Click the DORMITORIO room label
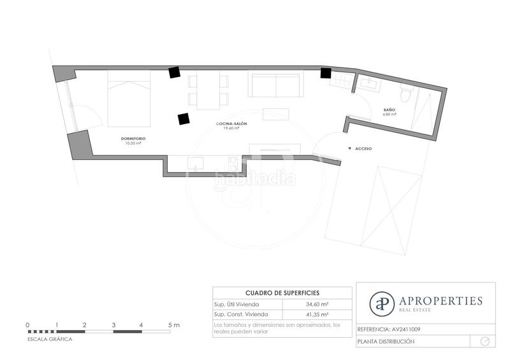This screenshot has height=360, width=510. [x=133, y=138]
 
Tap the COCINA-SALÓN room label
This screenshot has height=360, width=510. [x=231, y=123]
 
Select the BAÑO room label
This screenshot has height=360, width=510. [x=390, y=110]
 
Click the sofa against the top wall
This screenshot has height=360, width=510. [x=274, y=85]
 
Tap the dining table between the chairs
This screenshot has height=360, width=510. [x=208, y=89]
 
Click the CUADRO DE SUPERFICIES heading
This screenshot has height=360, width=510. [x=282, y=292]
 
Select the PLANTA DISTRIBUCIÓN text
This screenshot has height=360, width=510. [x=386, y=342]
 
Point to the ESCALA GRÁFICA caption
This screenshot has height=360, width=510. [x=50, y=339]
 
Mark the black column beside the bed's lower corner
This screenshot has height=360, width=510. [x=184, y=118]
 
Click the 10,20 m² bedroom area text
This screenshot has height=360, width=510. [x=133, y=143]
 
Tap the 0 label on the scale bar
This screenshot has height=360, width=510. [x=27, y=325]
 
